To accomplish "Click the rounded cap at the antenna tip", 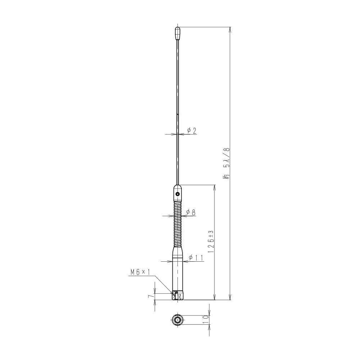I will (177, 33).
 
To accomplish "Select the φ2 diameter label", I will (192, 131).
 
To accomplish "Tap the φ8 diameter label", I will (191, 212).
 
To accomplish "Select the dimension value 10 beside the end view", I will (205, 319).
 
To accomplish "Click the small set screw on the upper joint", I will (177, 194).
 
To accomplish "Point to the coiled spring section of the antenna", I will (177, 223).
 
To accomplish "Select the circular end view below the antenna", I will (177, 319).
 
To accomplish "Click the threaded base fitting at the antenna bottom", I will (177, 296).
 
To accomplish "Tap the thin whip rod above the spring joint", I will (177, 108).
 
